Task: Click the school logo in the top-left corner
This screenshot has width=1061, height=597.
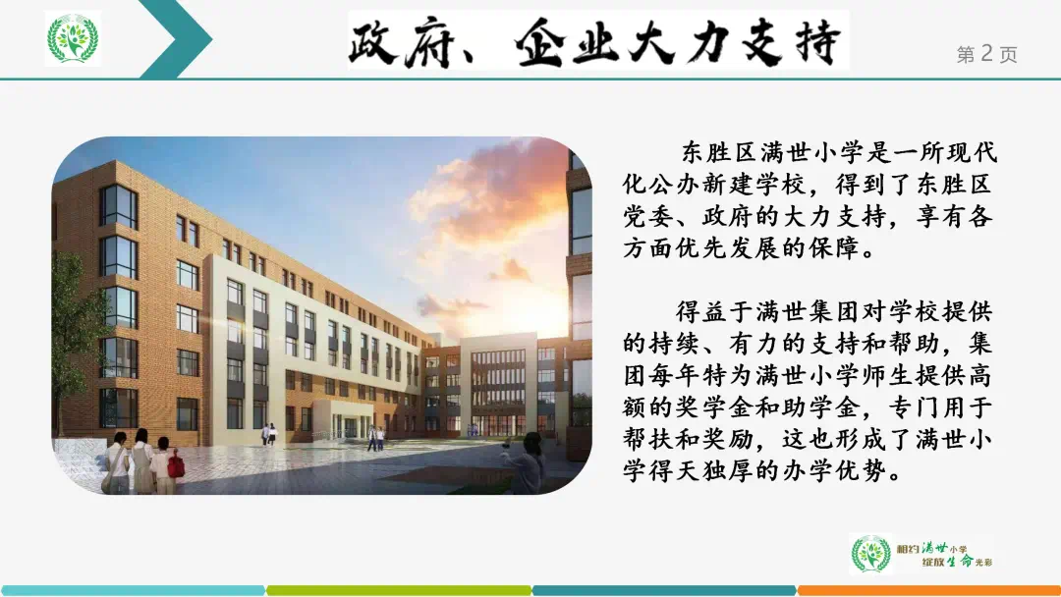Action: click(x=73, y=38)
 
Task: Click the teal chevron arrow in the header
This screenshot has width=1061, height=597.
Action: click(x=177, y=38)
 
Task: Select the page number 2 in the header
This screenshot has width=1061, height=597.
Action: click(x=986, y=53)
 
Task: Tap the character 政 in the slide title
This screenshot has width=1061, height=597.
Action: click(x=373, y=42)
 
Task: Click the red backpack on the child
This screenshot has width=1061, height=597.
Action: click(x=176, y=465)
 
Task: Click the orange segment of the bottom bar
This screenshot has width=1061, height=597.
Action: click(x=928, y=590)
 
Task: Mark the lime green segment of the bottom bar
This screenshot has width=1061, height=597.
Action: click(x=399, y=590)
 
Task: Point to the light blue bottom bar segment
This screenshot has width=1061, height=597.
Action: click(x=133, y=590)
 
